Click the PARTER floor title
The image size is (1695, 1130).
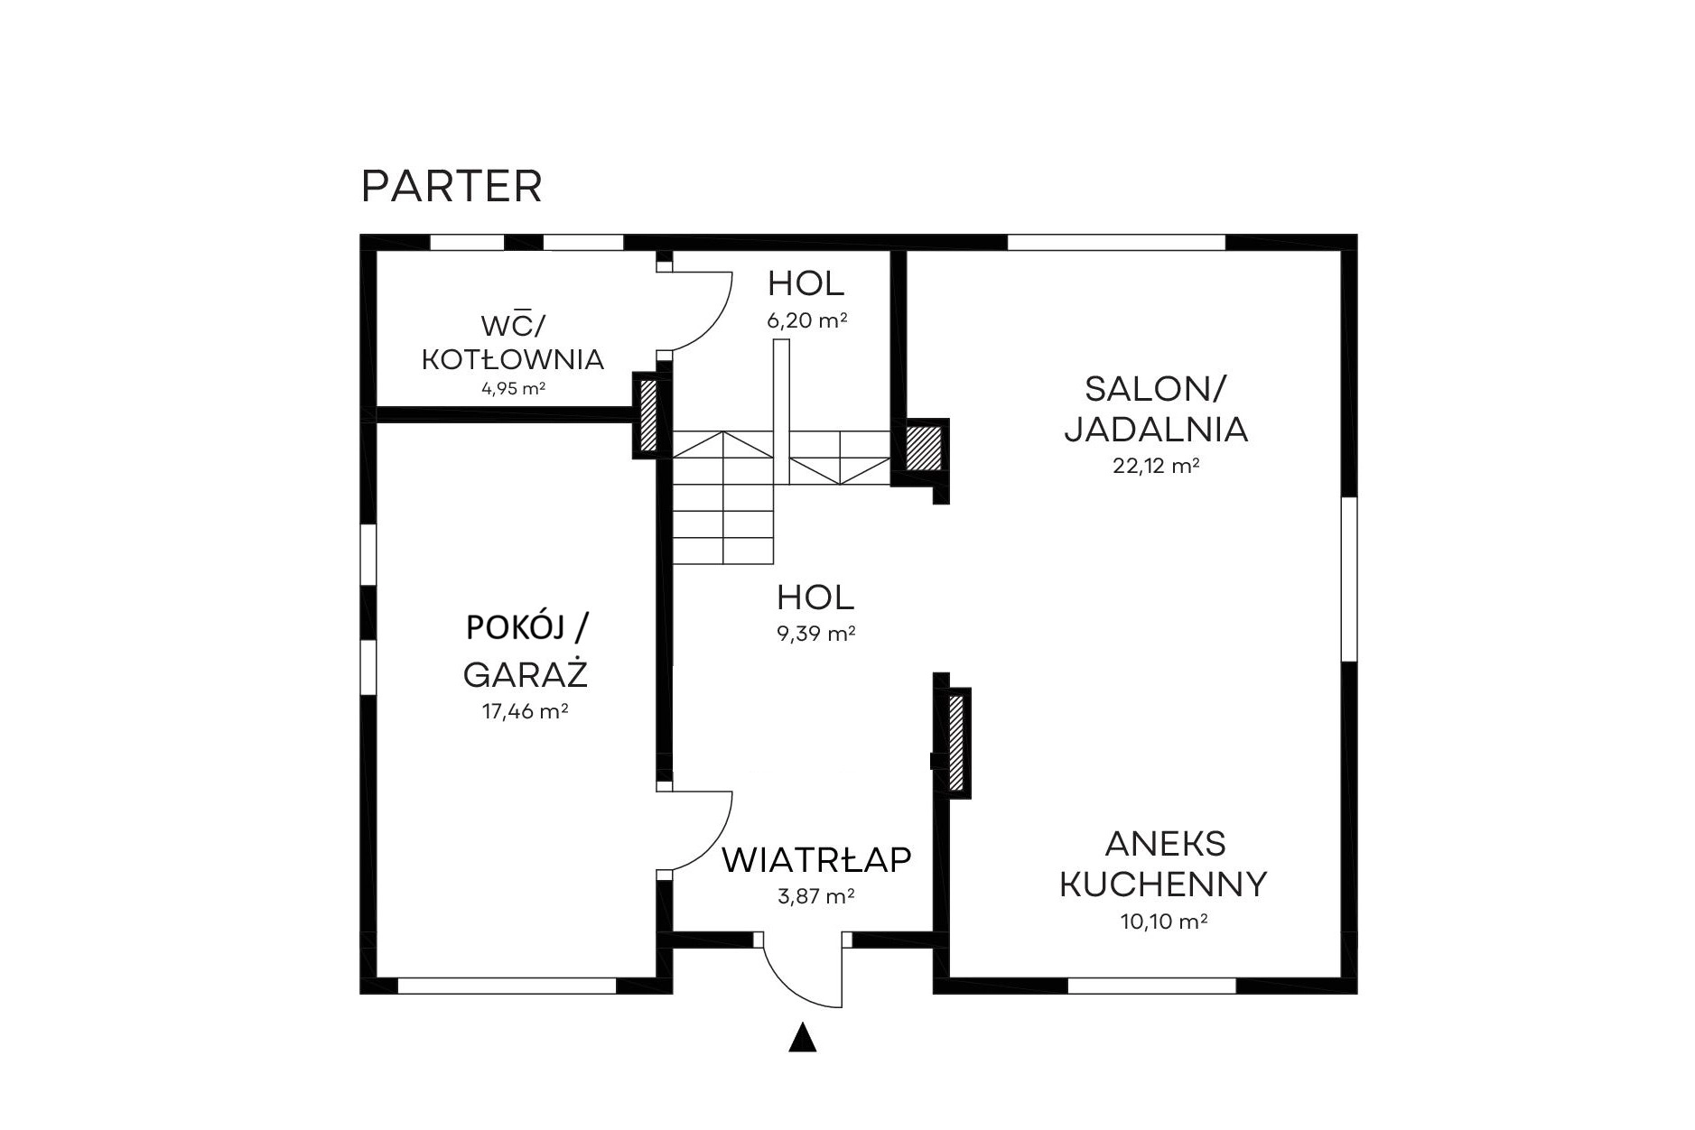pos(452,187)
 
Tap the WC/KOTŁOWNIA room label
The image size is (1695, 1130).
pos(513,342)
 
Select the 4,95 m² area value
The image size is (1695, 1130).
pos(513,389)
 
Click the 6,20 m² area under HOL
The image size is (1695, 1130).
pos(806,320)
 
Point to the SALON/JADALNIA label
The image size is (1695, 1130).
pos(1156,409)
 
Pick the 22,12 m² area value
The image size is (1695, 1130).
pos(1156,466)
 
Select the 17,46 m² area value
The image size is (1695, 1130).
pos(525,711)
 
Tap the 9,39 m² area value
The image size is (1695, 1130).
pos(815,634)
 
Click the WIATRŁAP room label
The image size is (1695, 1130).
pos(816,860)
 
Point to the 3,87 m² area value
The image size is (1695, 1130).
pos(815,896)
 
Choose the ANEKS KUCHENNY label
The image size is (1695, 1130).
pos(1163,864)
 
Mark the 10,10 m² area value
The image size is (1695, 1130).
pos(1164,922)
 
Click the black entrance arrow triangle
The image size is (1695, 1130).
pos(802,1039)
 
